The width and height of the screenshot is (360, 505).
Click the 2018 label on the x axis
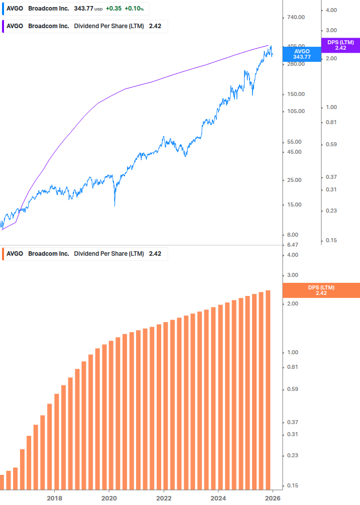click(x=54, y=498)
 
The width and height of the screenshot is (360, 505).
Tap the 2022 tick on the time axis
click(x=164, y=498)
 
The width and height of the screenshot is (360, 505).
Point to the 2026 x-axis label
click(x=272, y=498)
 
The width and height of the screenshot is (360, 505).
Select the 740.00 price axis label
click(x=295, y=18)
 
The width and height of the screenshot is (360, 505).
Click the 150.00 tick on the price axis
click(x=295, y=94)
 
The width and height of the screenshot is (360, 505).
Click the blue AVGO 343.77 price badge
click(x=302, y=54)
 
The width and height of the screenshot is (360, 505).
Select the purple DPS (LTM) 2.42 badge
click(x=340, y=45)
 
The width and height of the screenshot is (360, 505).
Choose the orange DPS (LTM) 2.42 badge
click(x=321, y=290)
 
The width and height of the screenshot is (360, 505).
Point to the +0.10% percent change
click(x=135, y=9)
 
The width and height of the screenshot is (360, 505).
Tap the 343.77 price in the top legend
click(x=83, y=9)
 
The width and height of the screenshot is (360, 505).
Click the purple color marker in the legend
click(x=3, y=26)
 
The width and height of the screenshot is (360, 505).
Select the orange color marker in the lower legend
click(x=3, y=254)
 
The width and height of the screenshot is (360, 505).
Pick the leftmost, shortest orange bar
click(x=2, y=481)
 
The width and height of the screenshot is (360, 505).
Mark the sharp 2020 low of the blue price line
click(x=115, y=205)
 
